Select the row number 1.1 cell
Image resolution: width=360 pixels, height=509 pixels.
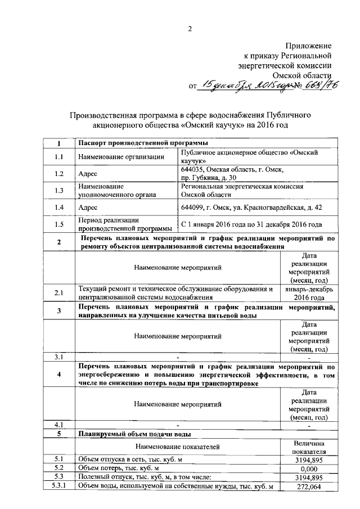(x=58, y=156)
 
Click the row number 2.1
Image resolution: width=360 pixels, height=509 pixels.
(x=58, y=293)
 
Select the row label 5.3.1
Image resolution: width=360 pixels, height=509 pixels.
(x=58, y=487)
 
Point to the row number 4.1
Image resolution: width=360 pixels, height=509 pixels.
(x=58, y=424)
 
